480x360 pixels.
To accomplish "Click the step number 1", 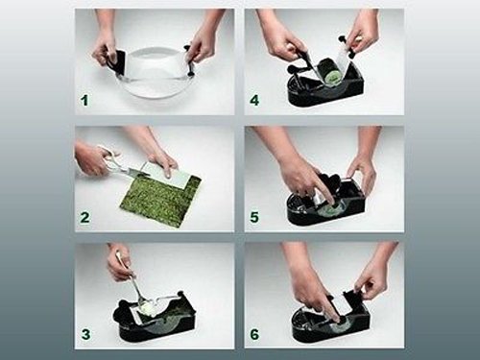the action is (x=84, y=100).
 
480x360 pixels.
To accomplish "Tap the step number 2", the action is (x=85, y=217).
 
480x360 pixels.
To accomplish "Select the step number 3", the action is (x=85, y=334).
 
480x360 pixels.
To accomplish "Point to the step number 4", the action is (x=254, y=100).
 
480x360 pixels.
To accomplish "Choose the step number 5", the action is (x=254, y=217).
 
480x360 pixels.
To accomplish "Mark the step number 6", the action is (x=254, y=334).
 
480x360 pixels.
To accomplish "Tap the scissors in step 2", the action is (x=123, y=166).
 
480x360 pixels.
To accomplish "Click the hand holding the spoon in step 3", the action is (x=119, y=261).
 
